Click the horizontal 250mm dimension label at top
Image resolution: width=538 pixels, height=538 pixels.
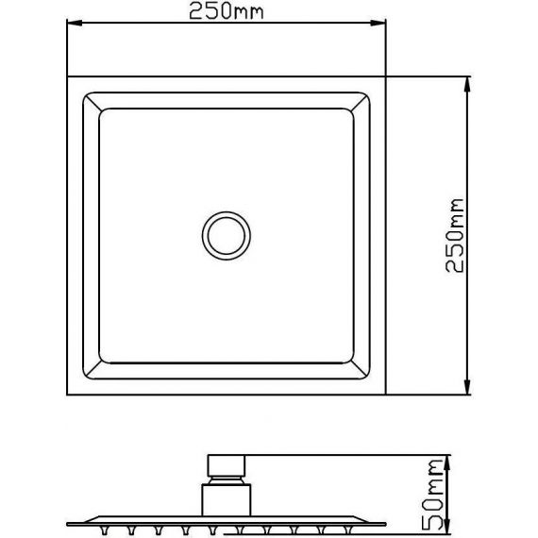227,10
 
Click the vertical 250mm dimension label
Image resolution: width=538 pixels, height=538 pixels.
455,235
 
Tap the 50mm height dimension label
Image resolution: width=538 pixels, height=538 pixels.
432,495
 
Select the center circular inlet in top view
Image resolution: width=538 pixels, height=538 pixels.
227,235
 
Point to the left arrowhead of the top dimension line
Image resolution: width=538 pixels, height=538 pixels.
75,23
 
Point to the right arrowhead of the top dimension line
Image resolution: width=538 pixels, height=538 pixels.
378,23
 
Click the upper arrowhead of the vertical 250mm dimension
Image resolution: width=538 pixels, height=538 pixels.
466,84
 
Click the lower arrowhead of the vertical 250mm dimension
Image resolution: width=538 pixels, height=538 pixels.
466,387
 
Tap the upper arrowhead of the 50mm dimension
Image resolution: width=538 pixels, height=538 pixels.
446,462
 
